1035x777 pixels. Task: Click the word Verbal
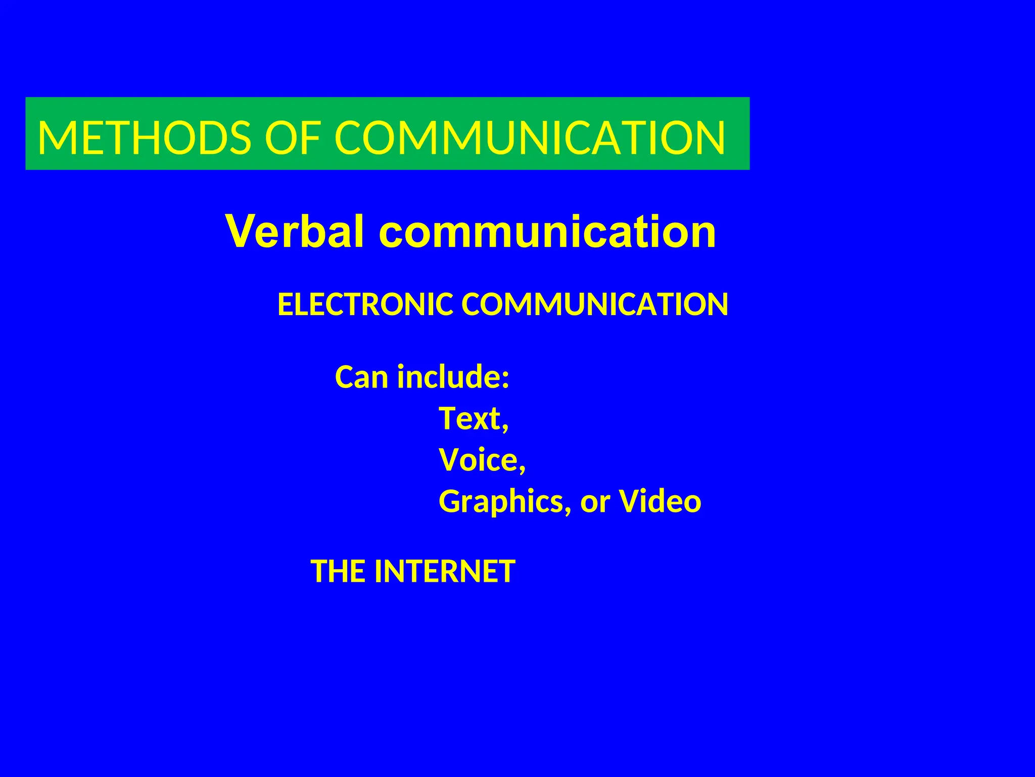(x=295, y=231)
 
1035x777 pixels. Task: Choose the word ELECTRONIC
(x=365, y=305)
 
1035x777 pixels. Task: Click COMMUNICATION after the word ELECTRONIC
(x=595, y=305)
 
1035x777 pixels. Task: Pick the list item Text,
(x=474, y=418)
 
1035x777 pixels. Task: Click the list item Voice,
(x=482, y=460)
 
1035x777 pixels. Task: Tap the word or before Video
(x=595, y=501)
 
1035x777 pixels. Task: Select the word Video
(x=661, y=501)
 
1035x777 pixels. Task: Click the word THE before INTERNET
(x=338, y=571)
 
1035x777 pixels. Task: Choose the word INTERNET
(x=445, y=571)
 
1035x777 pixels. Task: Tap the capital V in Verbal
(x=244, y=231)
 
